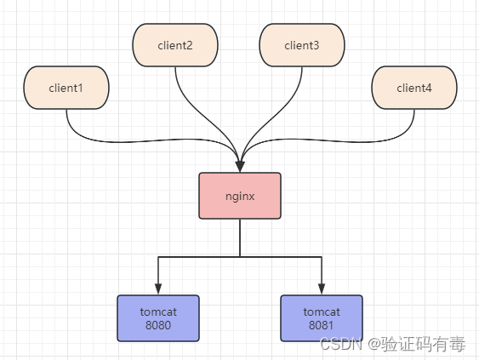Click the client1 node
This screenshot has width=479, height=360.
pyautogui.click(x=66, y=88)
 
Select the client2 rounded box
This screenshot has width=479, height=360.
pyautogui.click(x=175, y=45)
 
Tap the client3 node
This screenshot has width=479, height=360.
pyautogui.click(x=302, y=45)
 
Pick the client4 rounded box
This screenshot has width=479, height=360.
pyautogui.click(x=414, y=88)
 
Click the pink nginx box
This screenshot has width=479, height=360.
pyautogui.click(x=240, y=196)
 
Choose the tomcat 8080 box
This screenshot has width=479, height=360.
pyautogui.click(x=158, y=318)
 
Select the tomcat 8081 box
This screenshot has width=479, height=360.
pyautogui.click(x=322, y=318)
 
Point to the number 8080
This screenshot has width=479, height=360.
pyautogui.click(x=158, y=325)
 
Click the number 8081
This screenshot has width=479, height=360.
pyautogui.click(x=321, y=325)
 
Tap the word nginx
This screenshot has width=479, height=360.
pyautogui.click(x=240, y=197)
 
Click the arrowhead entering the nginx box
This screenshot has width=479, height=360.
pyautogui.click(x=240, y=166)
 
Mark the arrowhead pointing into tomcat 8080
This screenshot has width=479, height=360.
pyautogui.click(x=158, y=289)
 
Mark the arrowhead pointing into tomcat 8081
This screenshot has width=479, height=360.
pyautogui.click(x=322, y=289)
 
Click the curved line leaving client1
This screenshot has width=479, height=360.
pyautogui.click(x=153, y=140)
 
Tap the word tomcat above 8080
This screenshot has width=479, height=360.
pyautogui.click(x=158, y=311)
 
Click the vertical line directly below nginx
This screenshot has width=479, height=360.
pyautogui.click(x=240, y=237)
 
